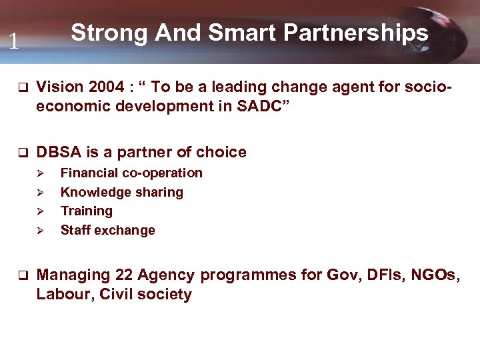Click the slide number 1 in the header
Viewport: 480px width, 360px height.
click(13, 42)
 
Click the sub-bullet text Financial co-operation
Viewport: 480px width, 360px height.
click(131, 173)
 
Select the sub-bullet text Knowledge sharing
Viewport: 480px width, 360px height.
click(121, 193)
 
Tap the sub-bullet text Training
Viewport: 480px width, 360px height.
click(87, 211)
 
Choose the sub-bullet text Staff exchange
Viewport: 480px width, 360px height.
click(107, 231)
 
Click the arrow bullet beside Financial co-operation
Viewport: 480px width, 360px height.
click(40, 173)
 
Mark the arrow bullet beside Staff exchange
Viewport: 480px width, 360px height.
click(40, 231)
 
